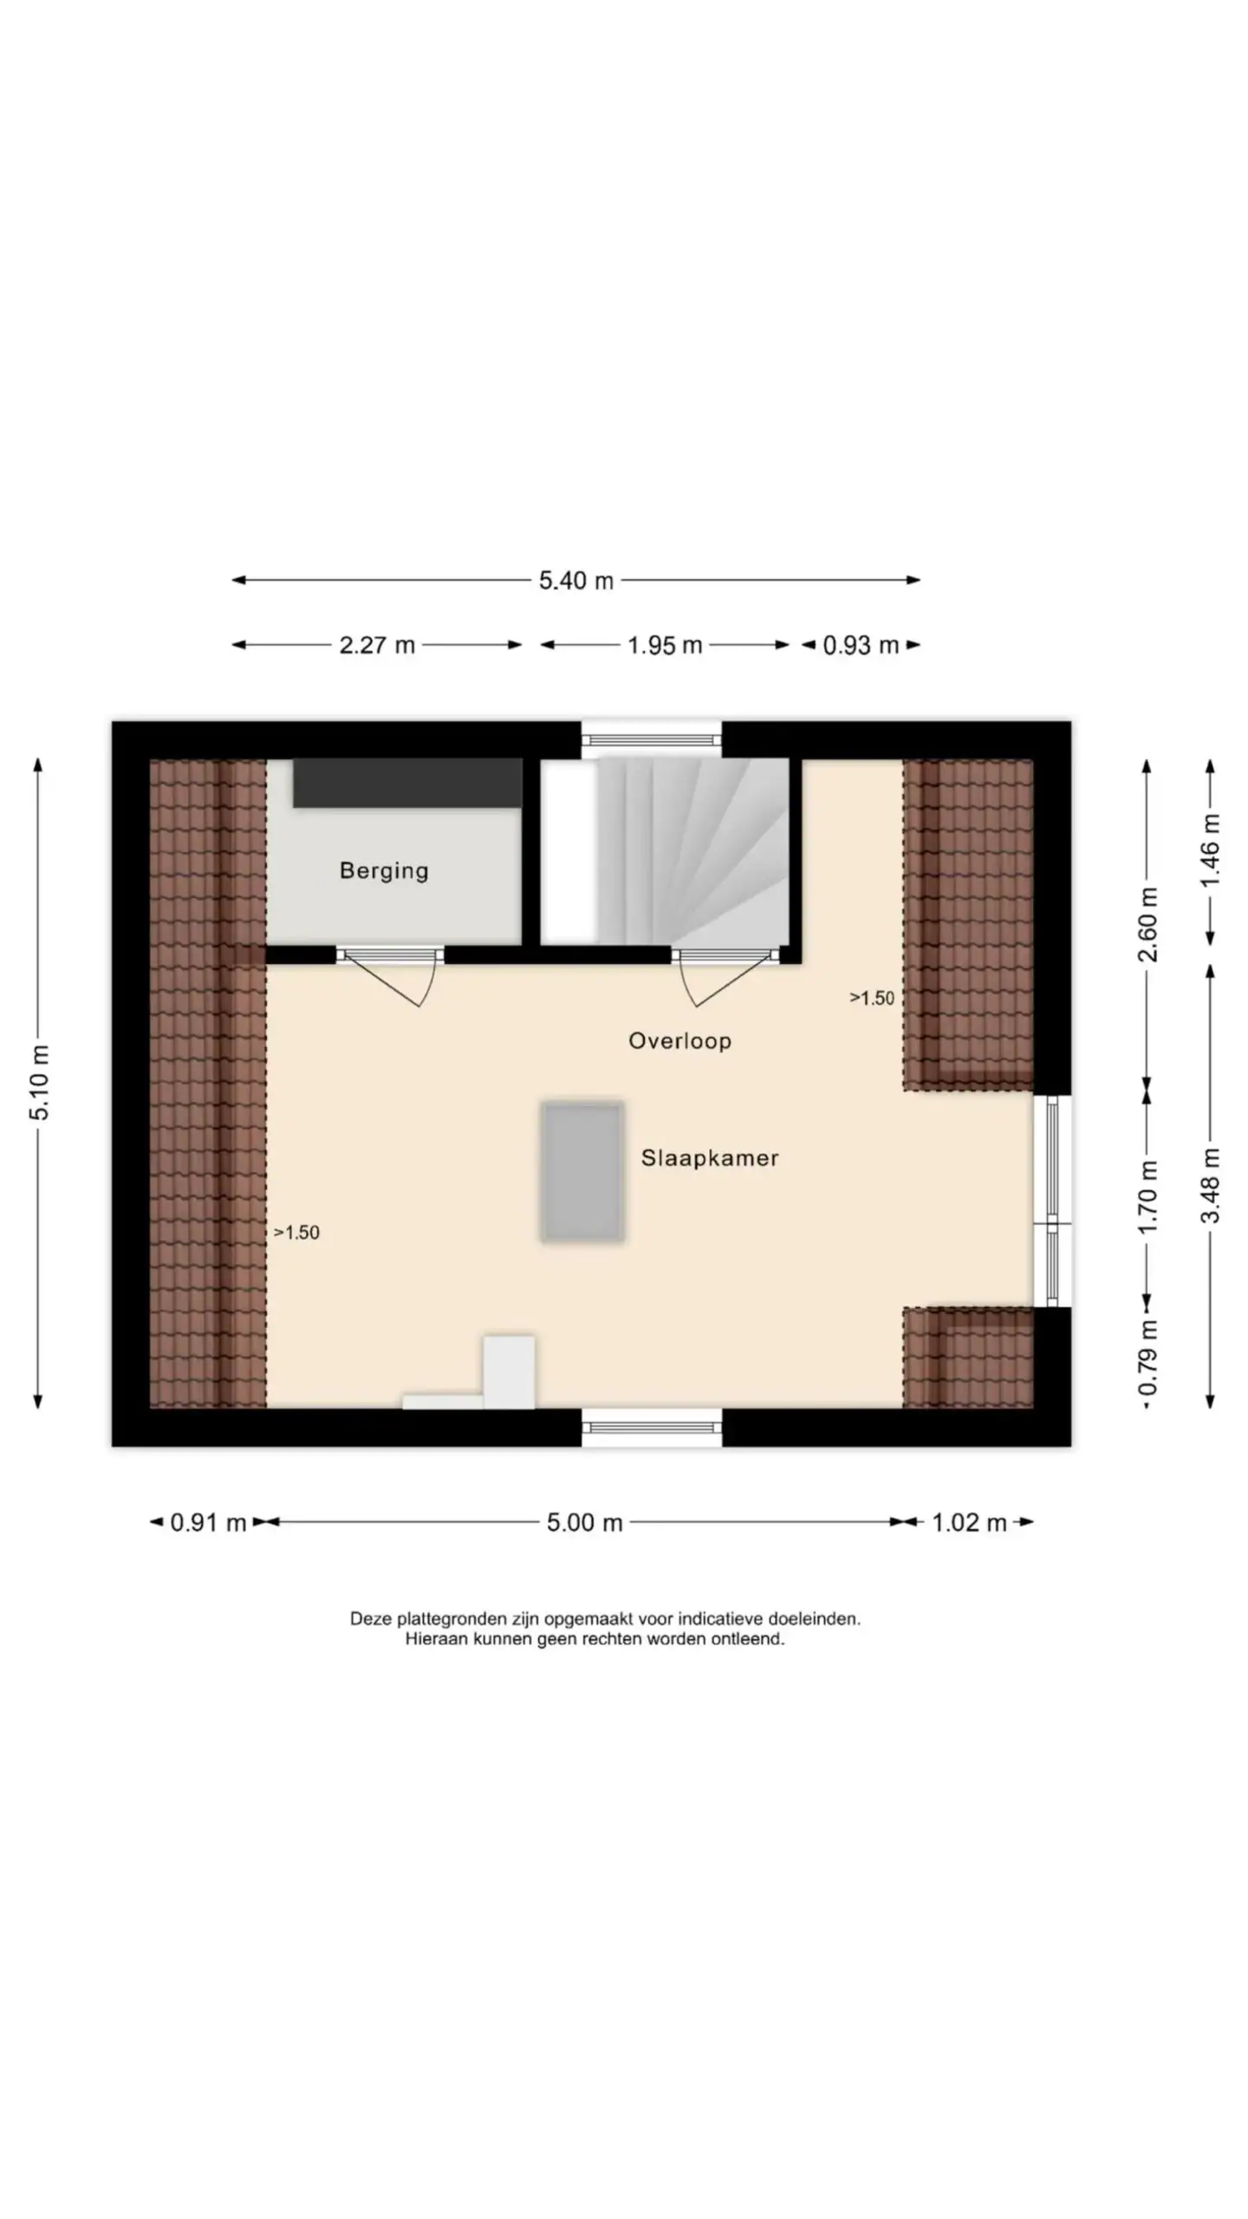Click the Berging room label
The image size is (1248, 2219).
[x=384, y=870]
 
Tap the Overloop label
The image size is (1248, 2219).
[x=679, y=1040]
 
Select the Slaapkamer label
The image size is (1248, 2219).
[x=710, y=1158]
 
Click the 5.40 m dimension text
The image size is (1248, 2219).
[x=576, y=580]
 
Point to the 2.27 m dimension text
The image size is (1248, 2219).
[x=377, y=645]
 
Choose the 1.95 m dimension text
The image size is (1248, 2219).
[x=665, y=645]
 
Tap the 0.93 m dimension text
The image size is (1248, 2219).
[x=861, y=645]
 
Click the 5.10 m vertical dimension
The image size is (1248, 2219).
[x=40, y=1082]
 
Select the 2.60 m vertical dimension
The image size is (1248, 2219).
[x=1147, y=924]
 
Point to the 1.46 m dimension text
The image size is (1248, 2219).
[x=1211, y=849]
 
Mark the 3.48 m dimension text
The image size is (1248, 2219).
[x=1211, y=1185]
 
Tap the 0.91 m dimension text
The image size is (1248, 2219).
[x=208, y=1522]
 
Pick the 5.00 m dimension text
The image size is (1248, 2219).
[x=584, y=1522]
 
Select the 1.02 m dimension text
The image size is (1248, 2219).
[x=969, y=1522]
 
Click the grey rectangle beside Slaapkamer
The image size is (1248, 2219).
[x=582, y=1171]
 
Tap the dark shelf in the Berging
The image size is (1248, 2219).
[x=407, y=784]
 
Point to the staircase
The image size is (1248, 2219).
[x=692, y=851]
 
